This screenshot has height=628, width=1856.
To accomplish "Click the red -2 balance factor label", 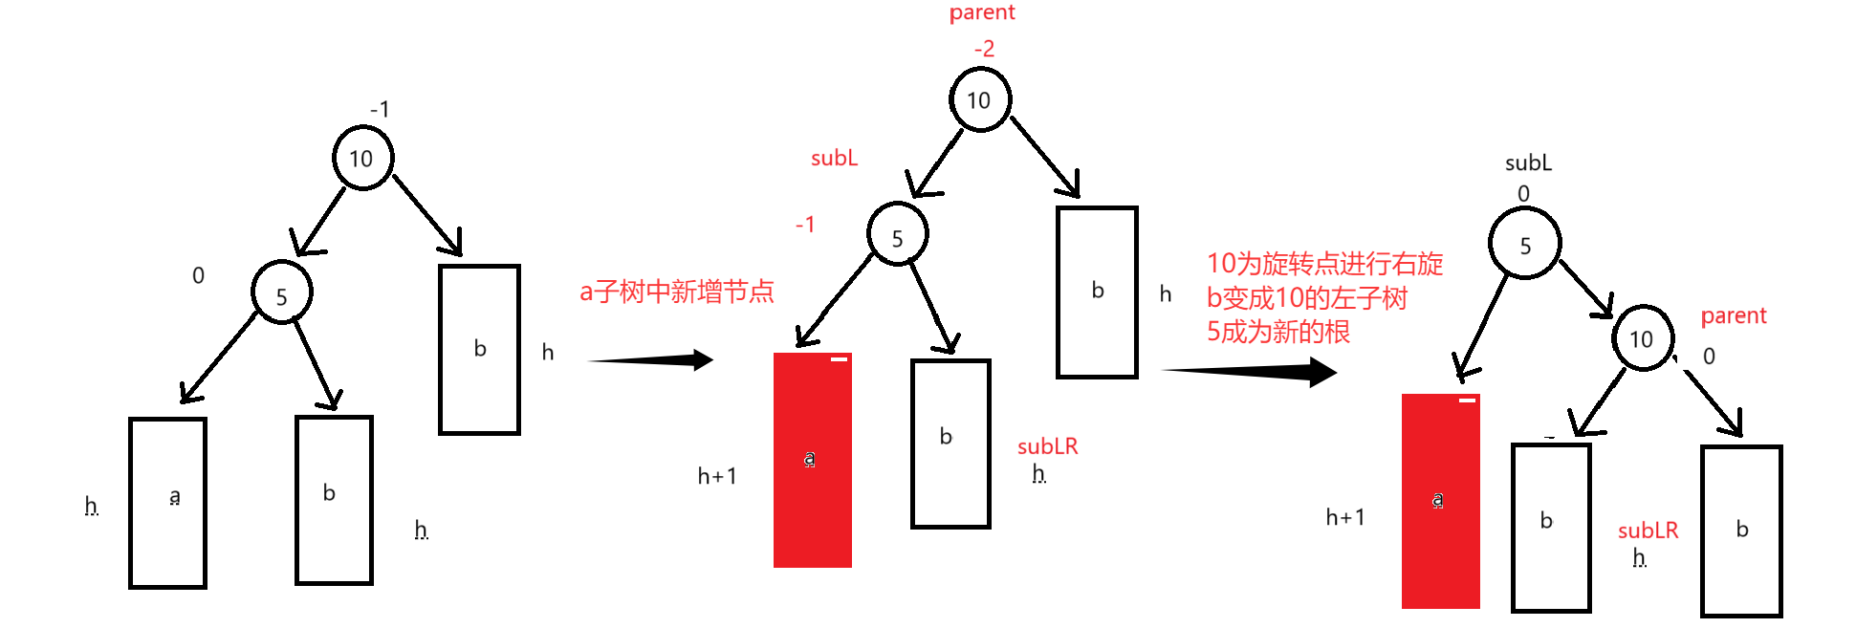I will coord(984,49).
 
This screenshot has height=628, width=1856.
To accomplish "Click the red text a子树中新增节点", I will coord(676,292).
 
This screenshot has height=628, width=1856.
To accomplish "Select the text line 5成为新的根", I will coord(1277,332).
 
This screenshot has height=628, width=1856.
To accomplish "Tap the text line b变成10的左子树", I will coord(1306,298).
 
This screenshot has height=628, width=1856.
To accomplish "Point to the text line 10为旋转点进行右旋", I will coord(1324,264).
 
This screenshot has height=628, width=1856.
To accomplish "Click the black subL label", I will coord(1528,163).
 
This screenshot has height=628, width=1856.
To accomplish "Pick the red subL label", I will coord(834,159).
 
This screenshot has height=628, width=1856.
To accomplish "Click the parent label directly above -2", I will coord(982,12).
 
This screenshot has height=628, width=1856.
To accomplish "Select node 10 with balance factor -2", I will coord(979,99).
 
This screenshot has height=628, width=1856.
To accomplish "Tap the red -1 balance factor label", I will coord(805,225).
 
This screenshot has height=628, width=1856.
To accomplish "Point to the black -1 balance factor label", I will coord(380,110).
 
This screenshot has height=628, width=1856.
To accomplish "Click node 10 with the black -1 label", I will coord(362,158).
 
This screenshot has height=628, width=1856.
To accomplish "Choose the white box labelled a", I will coord(168,502).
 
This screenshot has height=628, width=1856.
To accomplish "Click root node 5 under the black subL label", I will coord(1525,245).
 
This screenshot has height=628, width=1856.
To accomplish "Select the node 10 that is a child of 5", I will coord(1642,338).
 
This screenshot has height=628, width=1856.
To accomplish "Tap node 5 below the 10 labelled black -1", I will coord(281,294).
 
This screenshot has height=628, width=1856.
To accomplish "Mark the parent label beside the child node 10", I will coord(1733,316).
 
